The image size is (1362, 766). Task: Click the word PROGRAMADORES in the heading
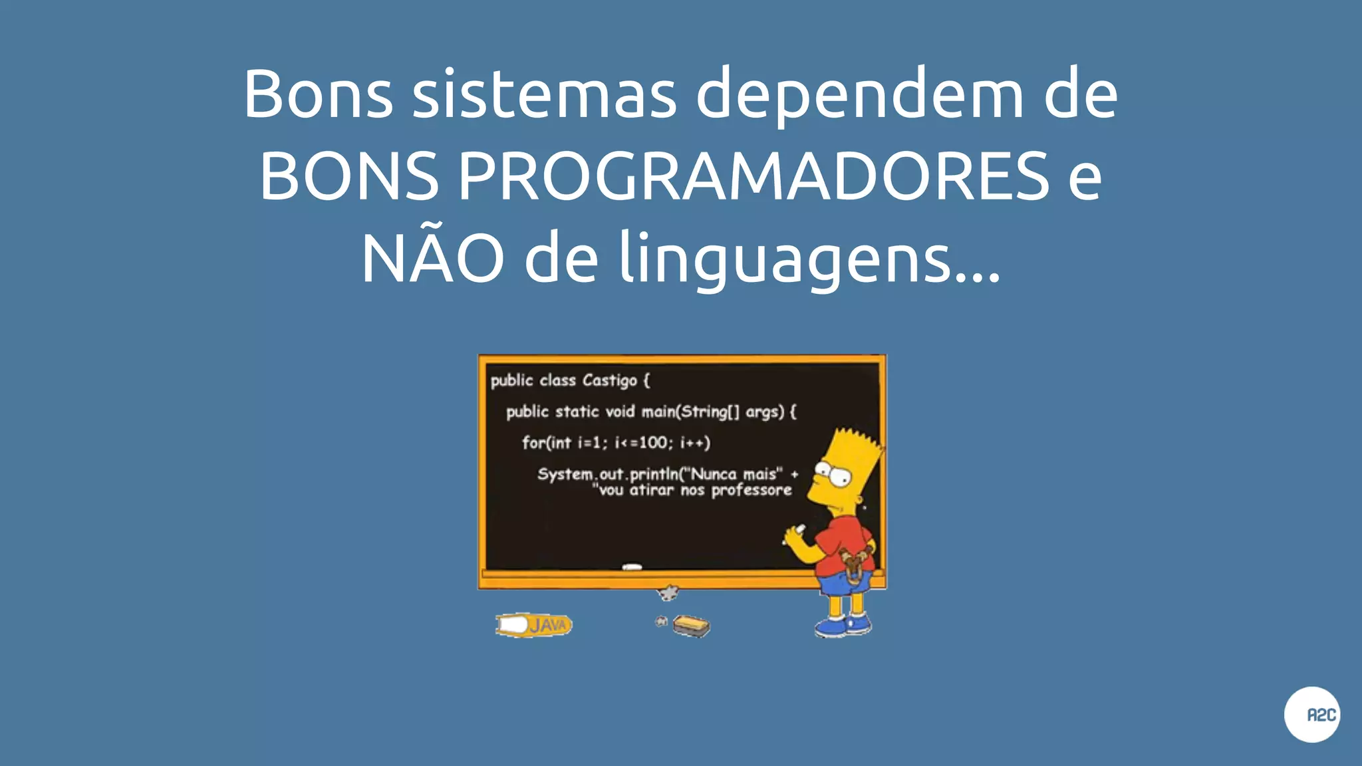[753, 176]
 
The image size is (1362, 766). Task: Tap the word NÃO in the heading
[432, 258]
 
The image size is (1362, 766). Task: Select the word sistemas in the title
[544, 94]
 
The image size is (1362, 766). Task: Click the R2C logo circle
[1311, 714]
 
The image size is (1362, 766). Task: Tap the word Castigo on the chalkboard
[609, 381]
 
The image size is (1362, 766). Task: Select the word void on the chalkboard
[620, 412]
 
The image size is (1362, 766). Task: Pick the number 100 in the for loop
[652, 442]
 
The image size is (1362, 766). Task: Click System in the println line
[565, 475]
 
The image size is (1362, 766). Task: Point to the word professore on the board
[751, 491]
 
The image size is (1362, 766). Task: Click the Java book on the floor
[534, 625]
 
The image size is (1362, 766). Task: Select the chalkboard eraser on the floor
[691, 626]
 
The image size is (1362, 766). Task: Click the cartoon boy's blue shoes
[843, 625]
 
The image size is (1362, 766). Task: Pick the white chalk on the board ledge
[632, 567]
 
